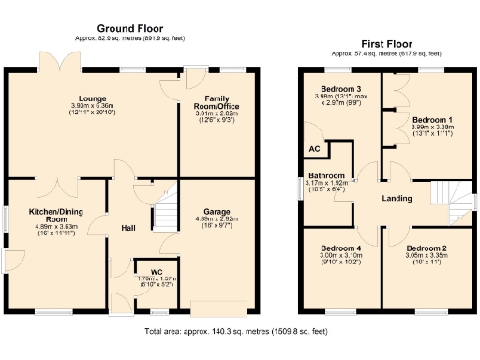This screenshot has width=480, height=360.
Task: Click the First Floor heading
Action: tap(386, 44)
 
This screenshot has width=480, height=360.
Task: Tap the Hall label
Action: tap(130, 228)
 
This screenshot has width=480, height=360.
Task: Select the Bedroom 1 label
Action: tap(433, 120)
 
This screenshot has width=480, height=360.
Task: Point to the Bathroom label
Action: tap(327, 176)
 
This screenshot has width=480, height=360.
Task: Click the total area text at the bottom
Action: tap(236, 331)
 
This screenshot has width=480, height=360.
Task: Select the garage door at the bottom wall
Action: tap(220, 307)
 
